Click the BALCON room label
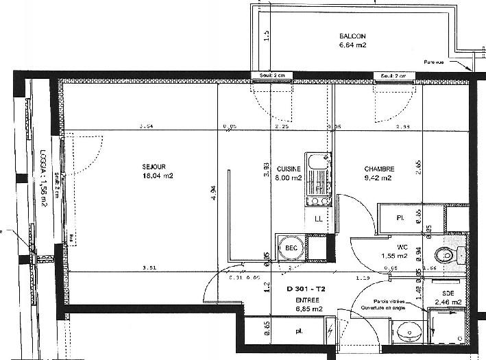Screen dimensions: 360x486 (353, 36)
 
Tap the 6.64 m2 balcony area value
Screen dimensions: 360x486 (353, 46)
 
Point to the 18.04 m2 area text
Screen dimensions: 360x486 (158, 176)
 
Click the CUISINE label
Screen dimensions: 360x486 (289, 169)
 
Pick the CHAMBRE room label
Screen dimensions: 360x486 (378, 169)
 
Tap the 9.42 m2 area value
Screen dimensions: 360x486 (378, 178)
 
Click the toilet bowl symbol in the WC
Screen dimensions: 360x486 (446, 256)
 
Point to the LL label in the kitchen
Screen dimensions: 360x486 (318, 219)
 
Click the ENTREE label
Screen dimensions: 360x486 (306, 300)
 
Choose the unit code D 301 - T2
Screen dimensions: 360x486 (306, 289)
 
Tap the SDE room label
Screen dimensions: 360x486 (448, 292)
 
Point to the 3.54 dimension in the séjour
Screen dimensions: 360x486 (145, 127)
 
